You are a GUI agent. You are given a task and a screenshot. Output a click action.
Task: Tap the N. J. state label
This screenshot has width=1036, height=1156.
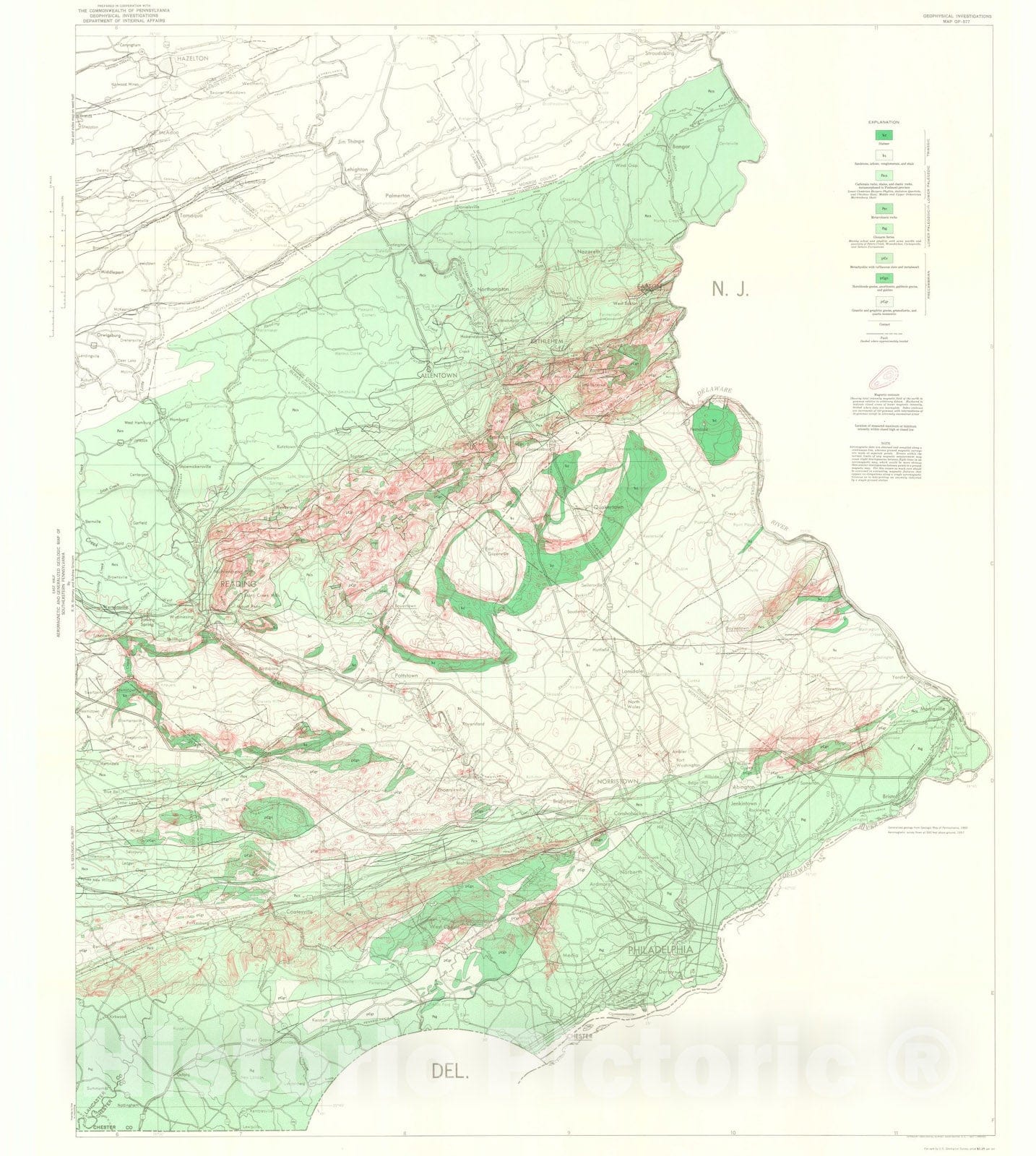point(730,290)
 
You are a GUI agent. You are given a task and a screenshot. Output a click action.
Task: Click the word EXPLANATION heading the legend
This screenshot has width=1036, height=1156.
point(886,122)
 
